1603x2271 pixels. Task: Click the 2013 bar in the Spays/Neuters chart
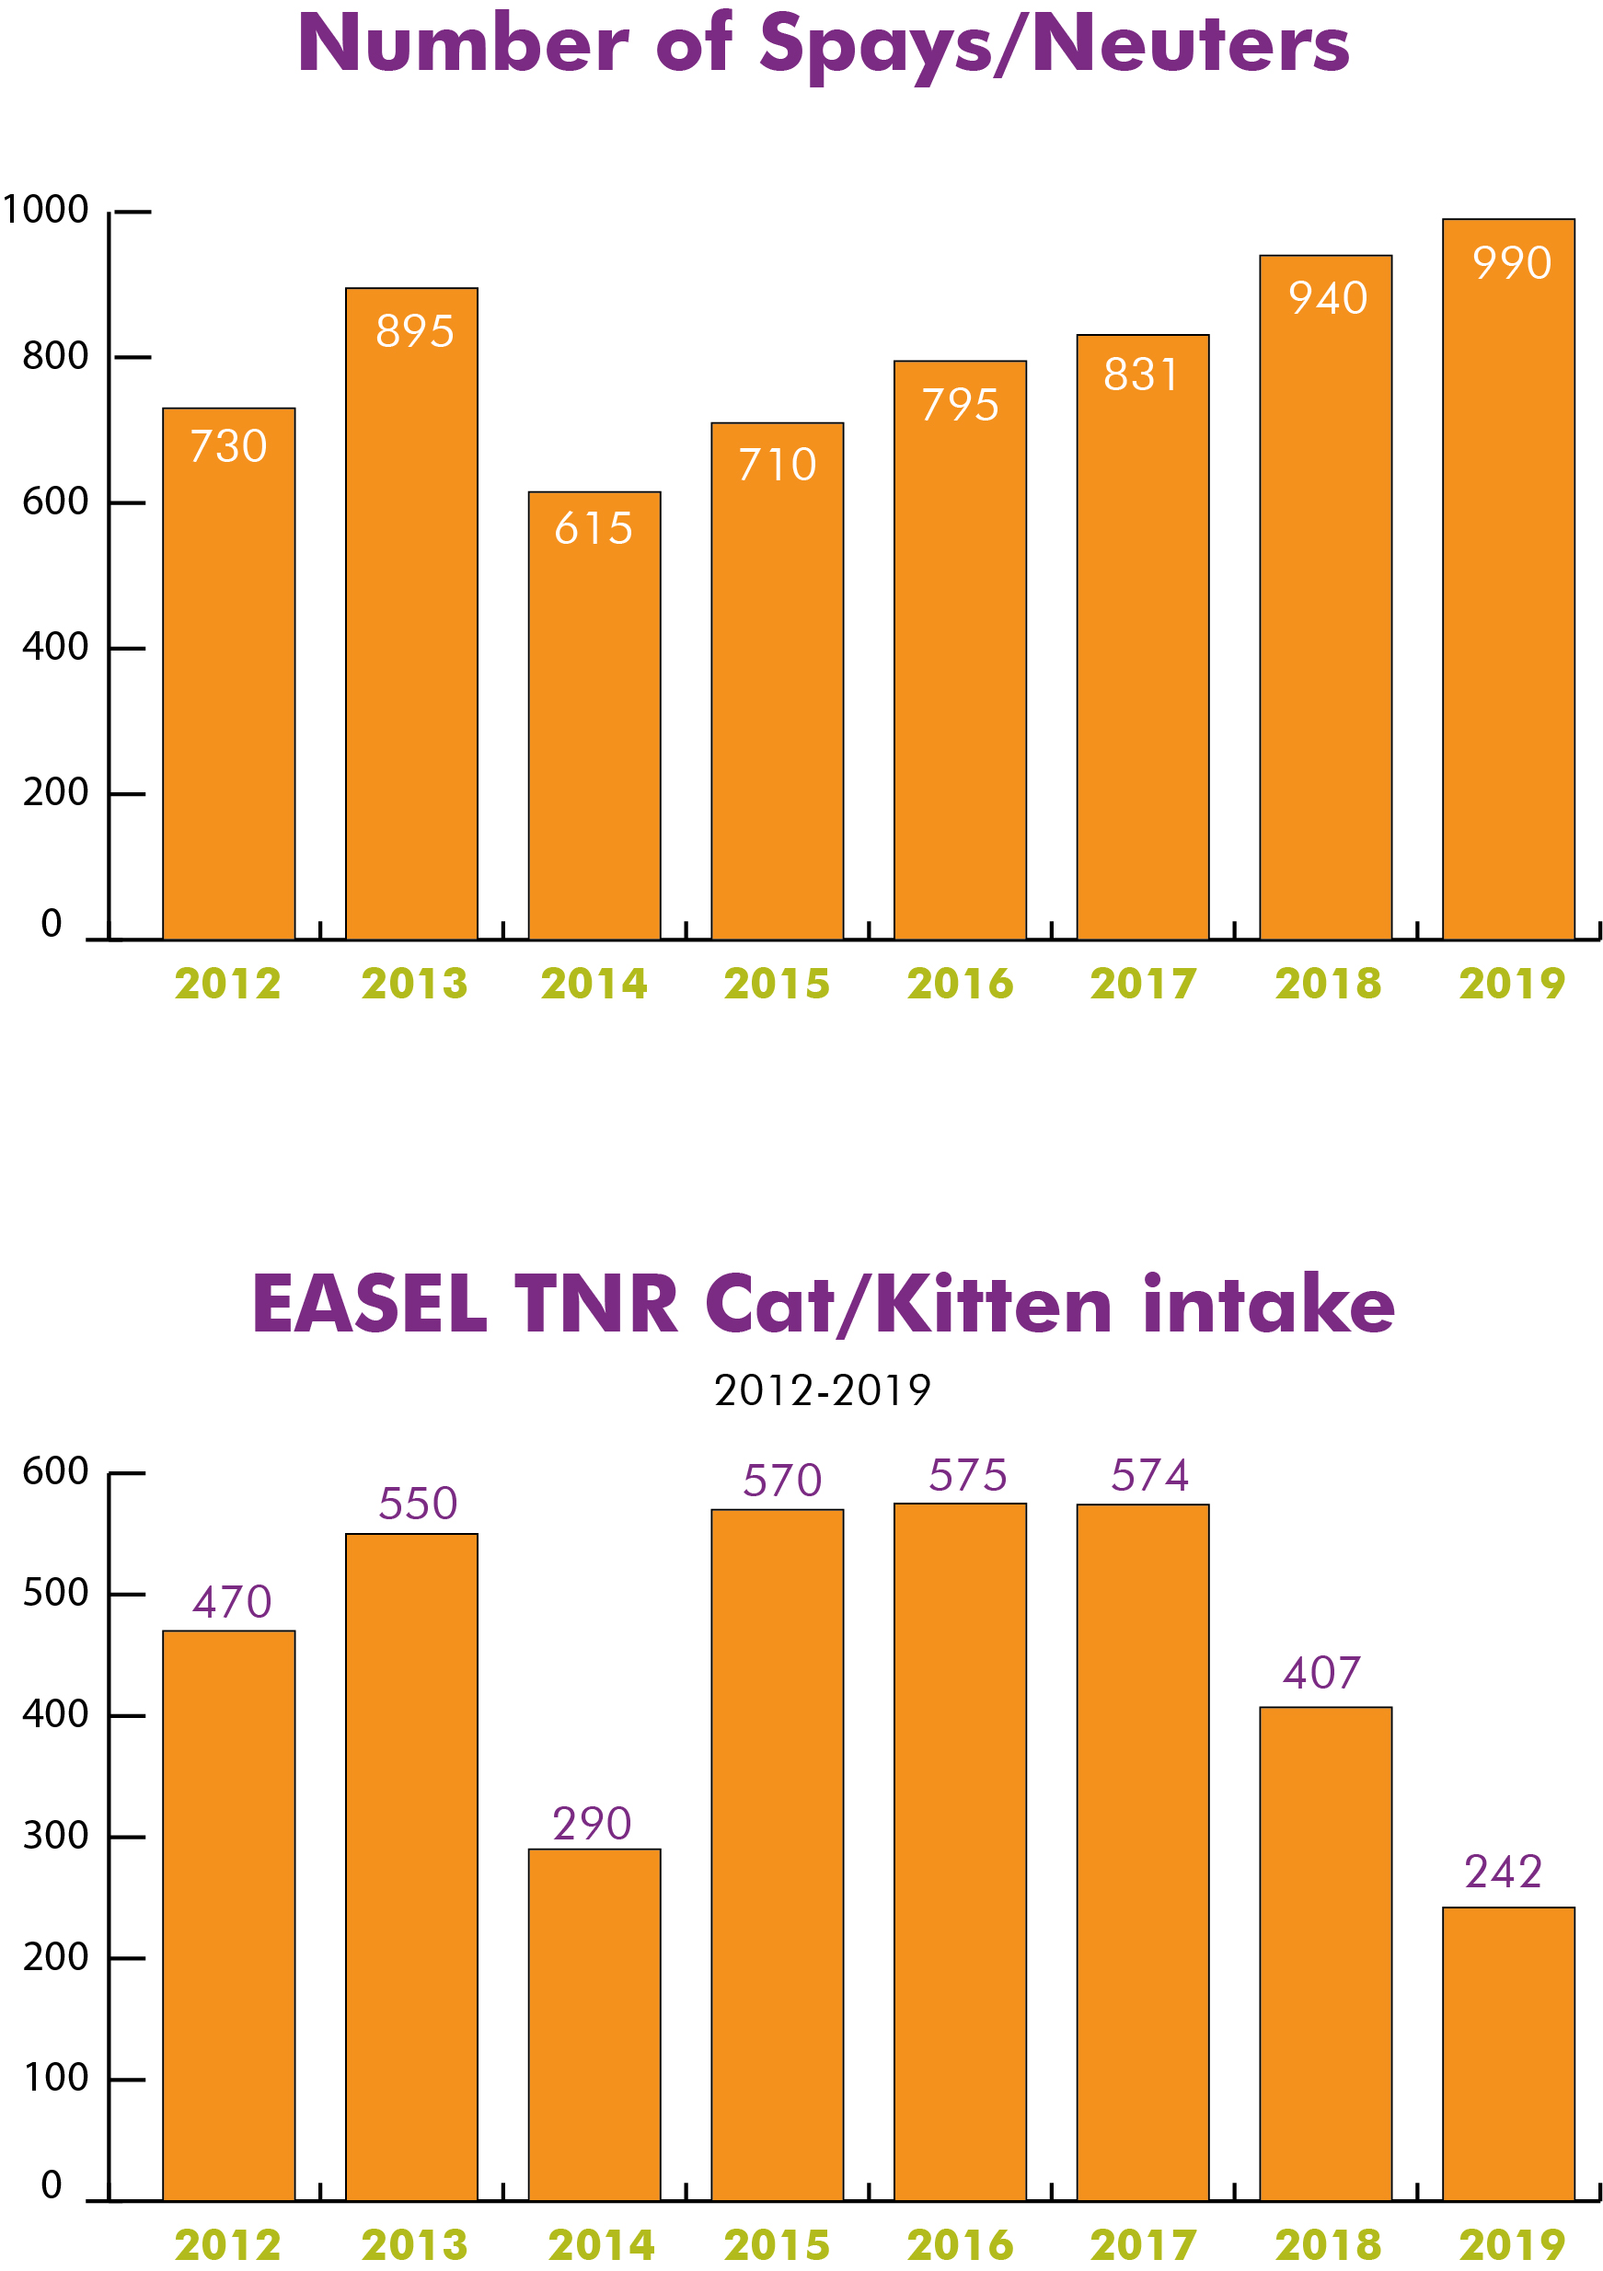(x=411, y=613)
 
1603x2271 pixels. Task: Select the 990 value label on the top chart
(x=1511, y=263)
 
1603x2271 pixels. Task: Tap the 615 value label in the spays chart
(x=594, y=528)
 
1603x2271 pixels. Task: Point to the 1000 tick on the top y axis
(x=45, y=210)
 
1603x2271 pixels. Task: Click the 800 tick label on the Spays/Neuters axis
(x=55, y=356)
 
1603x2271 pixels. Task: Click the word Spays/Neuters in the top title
(x=1055, y=45)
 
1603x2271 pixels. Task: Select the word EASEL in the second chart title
(x=370, y=1304)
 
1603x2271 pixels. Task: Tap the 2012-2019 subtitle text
(x=822, y=1389)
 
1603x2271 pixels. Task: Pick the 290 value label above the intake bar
(x=592, y=1823)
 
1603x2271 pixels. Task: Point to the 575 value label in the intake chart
(x=967, y=1475)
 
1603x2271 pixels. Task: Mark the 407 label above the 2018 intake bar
(x=1321, y=1673)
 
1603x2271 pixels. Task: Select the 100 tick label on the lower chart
(x=55, y=2077)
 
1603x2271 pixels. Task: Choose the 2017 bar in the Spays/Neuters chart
(x=1142, y=637)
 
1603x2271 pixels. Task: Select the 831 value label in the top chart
(x=1141, y=375)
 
